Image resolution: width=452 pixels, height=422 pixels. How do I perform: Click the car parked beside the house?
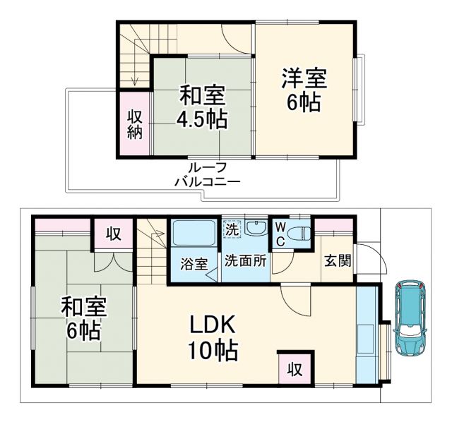410,317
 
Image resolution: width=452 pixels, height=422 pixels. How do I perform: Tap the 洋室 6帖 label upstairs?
304,89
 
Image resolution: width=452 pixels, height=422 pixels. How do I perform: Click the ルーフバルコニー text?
208,174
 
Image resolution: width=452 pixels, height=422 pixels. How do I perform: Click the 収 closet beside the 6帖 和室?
112,234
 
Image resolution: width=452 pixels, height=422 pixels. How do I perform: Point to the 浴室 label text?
193,265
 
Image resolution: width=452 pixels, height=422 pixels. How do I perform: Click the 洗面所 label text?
245,260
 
